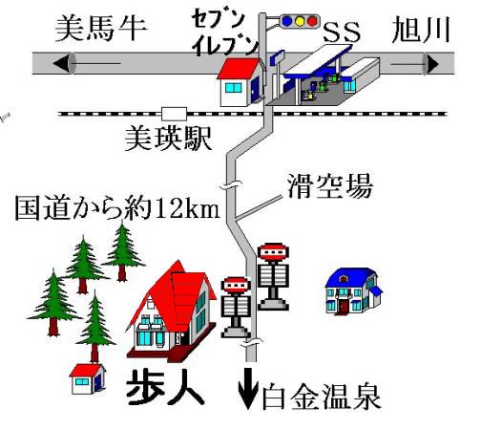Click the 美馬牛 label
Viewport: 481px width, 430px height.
(x=101, y=30)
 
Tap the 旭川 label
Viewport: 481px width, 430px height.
(x=421, y=30)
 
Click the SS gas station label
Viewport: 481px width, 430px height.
(x=342, y=32)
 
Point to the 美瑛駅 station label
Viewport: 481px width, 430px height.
(x=168, y=139)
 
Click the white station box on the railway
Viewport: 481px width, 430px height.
(x=174, y=114)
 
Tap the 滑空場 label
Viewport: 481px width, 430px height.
(x=330, y=186)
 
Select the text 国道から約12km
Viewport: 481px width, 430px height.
(x=117, y=208)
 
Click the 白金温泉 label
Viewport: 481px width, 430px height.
(x=321, y=397)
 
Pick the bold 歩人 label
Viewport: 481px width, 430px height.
(x=165, y=387)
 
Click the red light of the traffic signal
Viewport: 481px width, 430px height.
(x=312, y=21)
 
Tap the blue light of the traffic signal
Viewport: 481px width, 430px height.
(x=287, y=21)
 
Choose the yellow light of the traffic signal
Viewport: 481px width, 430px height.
(x=300, y=21)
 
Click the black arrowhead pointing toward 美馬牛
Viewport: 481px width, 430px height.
(x=61, y=63)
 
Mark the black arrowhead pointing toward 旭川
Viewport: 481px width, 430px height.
(x=433, y=64)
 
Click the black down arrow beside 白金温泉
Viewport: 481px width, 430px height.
(x=248, y=389)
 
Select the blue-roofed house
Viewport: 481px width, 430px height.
(x=353, y=291)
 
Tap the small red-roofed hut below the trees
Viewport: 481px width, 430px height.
(x=88, y=379)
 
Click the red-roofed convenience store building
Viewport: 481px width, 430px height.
(x=241, y=82)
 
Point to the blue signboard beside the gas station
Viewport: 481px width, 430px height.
(x=277, y=58)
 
